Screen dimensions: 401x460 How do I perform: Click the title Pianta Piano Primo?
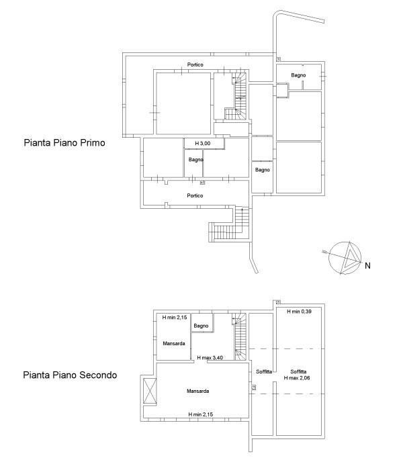click(x=64, y=143)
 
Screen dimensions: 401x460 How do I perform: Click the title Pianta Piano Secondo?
click(x=70, y=375)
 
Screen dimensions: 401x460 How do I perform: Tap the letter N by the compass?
click(x=367, y=265)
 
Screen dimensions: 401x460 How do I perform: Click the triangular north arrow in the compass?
click(x=350, y=258)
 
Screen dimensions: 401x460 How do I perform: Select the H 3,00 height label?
click(x=203, y=144)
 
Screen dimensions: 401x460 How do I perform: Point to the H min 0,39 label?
click(x=299, y=312)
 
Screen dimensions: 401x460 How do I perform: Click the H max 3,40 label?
click(x=210, y=358)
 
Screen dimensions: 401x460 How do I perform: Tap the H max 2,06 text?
click(x=297, y=378)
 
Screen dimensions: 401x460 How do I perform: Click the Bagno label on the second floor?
click(x=201, y=326)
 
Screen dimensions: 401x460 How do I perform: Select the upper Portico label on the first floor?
click(x=195, y=64)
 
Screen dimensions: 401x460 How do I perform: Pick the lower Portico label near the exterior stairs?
click(x=195, y=195)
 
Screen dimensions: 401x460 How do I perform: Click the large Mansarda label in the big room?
click(x=198, y=391)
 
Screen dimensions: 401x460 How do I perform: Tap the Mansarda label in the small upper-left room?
click(x=174, y=343)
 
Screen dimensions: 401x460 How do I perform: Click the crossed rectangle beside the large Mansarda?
click(x=150, y=391)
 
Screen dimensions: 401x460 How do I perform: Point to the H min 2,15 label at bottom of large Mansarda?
click(x=201, y=414)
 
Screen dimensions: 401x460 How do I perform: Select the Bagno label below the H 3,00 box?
click(x=196, y=160)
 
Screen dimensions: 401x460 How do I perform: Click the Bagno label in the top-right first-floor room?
click(x=298, y=75)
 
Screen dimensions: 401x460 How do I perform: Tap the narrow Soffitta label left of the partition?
click(x=264, y=372)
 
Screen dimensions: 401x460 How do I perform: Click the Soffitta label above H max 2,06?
click(x=299, y=372)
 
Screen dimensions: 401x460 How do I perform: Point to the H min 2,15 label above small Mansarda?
click(x=175, y=318)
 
